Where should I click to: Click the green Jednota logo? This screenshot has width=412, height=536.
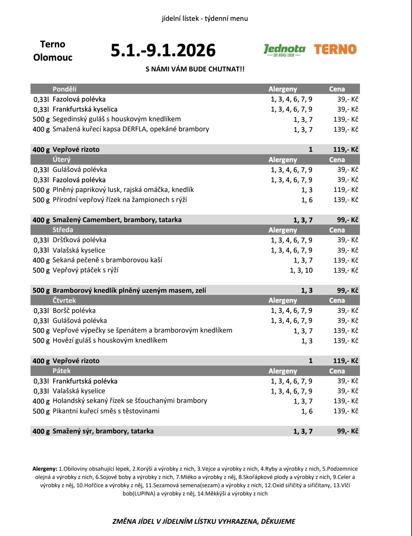[284, 50]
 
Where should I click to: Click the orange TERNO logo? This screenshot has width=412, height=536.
[335, 49]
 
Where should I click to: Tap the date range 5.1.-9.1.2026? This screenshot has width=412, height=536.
[163, 50]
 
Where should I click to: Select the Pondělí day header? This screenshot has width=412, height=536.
[65, 89]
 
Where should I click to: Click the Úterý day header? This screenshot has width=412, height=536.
[62, 160]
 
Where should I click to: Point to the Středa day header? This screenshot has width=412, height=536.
[63, 230]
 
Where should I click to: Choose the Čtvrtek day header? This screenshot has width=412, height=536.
[64, 300]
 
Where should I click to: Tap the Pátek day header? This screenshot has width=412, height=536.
[62, 371]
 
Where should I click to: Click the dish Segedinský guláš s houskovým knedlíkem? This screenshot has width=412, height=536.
[117, 119]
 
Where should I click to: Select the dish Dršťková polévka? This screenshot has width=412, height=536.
[79, 240]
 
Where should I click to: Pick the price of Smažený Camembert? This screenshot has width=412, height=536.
[347, 220]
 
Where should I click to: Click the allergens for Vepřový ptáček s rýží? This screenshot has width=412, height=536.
[301, 271]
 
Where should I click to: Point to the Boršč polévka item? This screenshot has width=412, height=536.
[74, 311]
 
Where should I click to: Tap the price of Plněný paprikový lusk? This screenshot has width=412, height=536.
[346, 190]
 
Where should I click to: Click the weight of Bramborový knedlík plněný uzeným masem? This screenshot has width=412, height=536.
[41, 291]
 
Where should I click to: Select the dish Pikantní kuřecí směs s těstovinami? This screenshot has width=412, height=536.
[106, 411]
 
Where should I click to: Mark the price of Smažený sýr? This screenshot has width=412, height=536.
[347, 431]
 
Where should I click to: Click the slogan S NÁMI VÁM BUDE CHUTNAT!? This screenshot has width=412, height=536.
[195, 69]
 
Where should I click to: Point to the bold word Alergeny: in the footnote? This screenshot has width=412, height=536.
[45, 469]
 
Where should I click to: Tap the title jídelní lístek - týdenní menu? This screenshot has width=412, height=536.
[205, 19]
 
